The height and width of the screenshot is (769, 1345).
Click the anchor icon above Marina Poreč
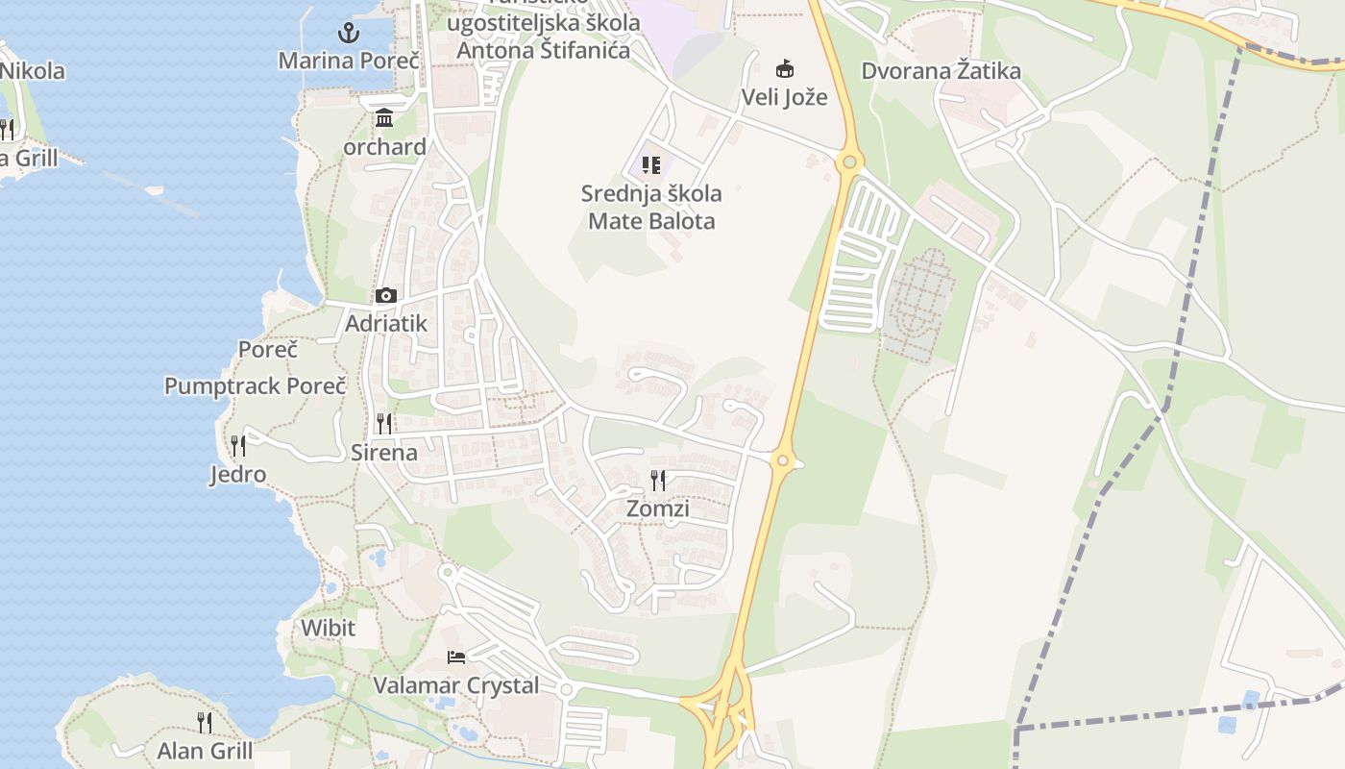pyautogui.click(x=349, y=33)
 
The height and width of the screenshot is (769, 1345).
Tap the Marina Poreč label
pyautogui.click(x=349, y=61)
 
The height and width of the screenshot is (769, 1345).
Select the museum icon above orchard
pyautogui.click(x=385, y=118)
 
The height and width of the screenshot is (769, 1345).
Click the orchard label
pyautogui.click(x=385, y=147)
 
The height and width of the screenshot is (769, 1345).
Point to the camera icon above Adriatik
pyautogui.click(x=386, y=295)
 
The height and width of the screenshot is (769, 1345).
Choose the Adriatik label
pyautogui.click(x=385, y=324)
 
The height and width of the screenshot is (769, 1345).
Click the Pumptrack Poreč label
pyautogui.click(x=255, y=386)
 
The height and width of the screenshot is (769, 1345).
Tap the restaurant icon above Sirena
pyautogui.click(x=384, y=423)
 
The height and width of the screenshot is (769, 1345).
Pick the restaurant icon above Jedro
pyautogui.click(x=238, y=445)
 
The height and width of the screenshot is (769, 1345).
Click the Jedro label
pyautogui.click(x=238, y=474)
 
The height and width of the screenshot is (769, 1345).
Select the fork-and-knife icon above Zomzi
pyautogui.click(x=658, y=480)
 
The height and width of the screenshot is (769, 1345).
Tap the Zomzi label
pyautogui.click(x=658, y=509)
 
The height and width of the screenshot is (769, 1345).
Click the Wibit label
pyautogui.click(x=328, y=629)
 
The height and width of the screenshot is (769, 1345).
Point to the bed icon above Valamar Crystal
pyautogui.click(x=456, y=657)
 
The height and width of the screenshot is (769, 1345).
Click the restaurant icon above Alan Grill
pyautogui.click(x=205, y=722)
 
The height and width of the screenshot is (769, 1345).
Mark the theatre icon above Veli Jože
pyautogui.click(x=785, y=68)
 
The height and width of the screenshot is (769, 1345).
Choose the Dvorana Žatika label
pyautogui.click(x=941, y=71)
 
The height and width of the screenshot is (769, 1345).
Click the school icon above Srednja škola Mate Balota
pyautogui.click(x=651, y=165)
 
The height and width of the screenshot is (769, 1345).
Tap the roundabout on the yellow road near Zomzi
pyautogui.click(x=783, y=461)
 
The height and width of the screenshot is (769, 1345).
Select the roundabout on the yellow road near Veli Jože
pyautogui.click(x=848, y=161)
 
